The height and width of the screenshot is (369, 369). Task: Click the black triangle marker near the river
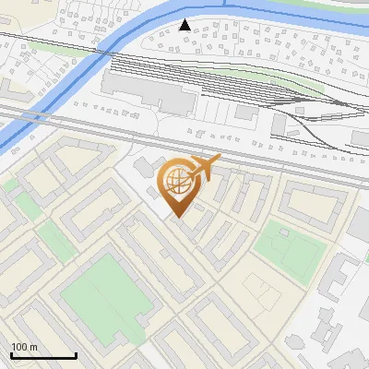click(x=185, y=25)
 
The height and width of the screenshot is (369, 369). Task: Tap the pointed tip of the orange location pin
click(x=178, y=217)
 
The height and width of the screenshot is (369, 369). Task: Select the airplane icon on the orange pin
click(x=205, y=167)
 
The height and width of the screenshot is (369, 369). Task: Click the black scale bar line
click(x=43, y=356)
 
